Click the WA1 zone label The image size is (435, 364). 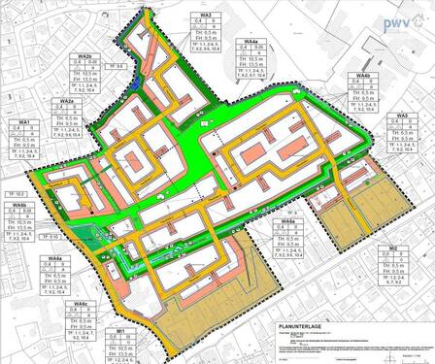point(25,121)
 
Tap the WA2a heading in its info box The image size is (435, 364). point(66,101)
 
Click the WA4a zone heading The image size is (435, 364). point(250,43)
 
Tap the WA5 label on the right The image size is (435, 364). point(401,116)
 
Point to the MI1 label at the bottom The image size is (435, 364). point(119,331)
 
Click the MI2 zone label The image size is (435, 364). point(393,249)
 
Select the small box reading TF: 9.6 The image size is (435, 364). point(119,66)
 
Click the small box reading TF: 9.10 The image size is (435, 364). point(53,237)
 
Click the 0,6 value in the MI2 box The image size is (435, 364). point(383,258)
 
